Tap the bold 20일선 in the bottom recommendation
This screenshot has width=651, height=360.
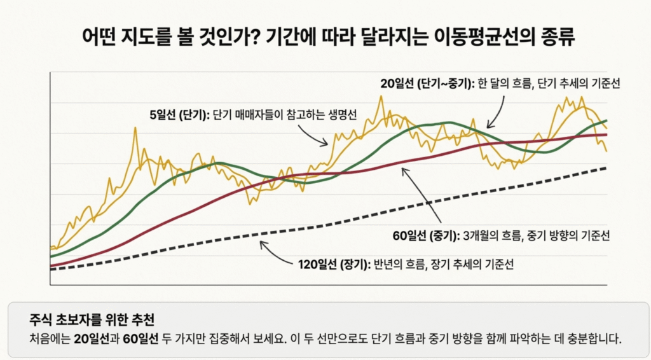(91, 338)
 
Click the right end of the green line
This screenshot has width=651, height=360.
(606, 120)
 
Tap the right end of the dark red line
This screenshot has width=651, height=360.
(606, 135)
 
